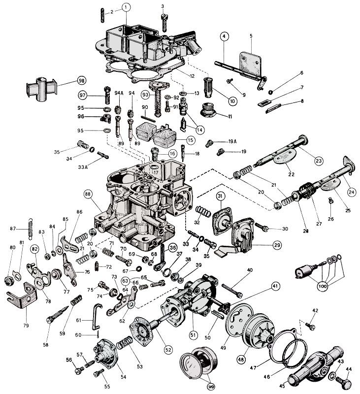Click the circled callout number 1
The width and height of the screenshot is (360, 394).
[x=126, y=7]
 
